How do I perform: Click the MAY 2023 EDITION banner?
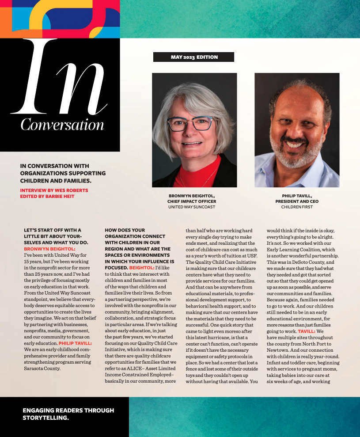click(x=194, y=57)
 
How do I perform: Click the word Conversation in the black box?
click(x=62, y=125)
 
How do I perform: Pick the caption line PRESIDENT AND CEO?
click(x=297, y=201)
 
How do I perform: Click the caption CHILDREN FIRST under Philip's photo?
click(x=297, y=207)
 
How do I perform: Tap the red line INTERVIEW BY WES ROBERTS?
click(x=54, y=190)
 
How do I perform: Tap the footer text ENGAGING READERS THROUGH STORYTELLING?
click(x=68, y=414)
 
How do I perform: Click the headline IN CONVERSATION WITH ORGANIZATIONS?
click(x=63, y=173)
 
